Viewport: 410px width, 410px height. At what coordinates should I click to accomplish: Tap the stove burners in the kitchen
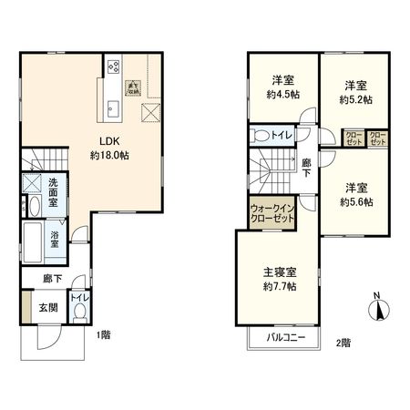click(115, 66)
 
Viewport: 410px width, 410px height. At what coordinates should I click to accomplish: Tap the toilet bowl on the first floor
click(80, 312)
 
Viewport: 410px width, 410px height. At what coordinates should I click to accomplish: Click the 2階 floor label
click(343, 343)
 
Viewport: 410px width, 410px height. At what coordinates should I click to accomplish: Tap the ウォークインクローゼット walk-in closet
click(271, 214)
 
